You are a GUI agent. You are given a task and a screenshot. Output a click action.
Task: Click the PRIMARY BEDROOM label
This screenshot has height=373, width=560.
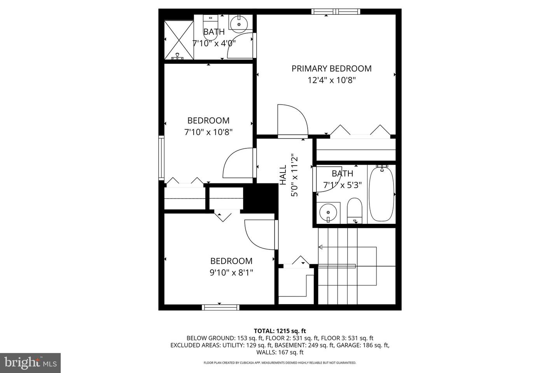331,69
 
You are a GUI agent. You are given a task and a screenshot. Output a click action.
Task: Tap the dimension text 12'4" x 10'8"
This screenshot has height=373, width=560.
331,80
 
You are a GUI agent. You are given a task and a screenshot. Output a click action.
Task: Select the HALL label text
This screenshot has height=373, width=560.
283,175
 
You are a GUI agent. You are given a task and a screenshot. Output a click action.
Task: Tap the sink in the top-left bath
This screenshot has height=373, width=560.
238,24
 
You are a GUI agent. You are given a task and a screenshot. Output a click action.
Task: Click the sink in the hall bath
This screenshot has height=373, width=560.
328,213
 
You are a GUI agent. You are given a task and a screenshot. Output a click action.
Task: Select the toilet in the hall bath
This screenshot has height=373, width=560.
354,211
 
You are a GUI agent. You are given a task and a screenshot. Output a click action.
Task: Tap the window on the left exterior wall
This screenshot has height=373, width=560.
161,157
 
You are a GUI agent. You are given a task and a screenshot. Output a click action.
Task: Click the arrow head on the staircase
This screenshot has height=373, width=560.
320,247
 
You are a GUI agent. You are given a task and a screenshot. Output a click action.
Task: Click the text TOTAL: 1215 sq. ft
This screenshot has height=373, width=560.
280,331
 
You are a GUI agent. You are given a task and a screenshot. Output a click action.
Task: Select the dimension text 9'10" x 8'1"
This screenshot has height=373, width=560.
231,272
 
